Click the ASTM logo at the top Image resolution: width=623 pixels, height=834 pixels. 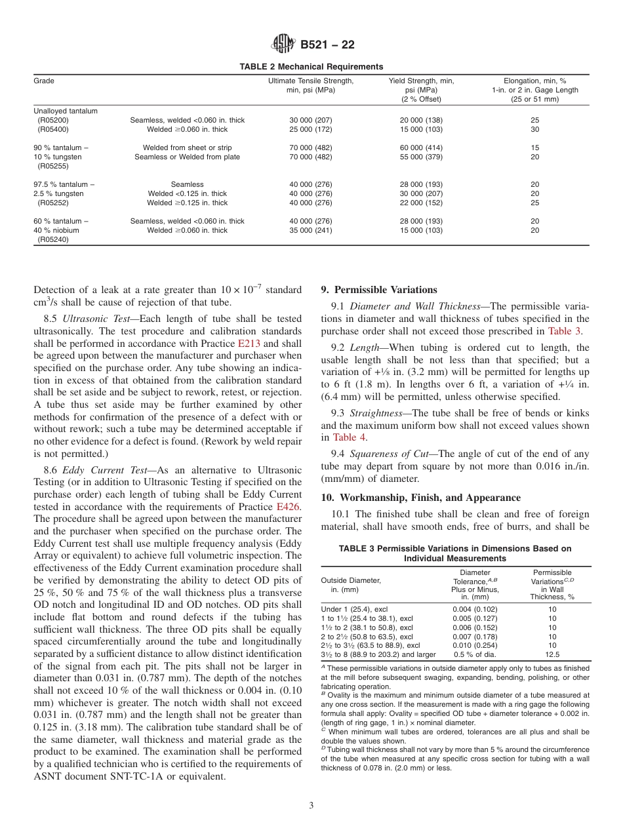[x=284, y=45]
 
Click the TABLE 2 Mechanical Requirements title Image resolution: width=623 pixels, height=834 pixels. [x=311, y=66]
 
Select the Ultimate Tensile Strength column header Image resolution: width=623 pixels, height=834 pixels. [x=311, y=85]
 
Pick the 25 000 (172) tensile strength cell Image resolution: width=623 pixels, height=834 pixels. [x=311, y=130]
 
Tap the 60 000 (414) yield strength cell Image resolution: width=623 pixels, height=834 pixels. [x=421, y=148]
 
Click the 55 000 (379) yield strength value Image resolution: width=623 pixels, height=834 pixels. [x=421, y=157]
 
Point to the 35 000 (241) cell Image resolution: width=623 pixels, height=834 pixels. [x=311, y=231]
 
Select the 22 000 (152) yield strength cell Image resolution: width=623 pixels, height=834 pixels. [x=421, y=203]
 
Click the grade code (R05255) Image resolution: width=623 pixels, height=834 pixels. [x=53, y=167]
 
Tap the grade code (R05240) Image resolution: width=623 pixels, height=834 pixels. [x=53, y=240]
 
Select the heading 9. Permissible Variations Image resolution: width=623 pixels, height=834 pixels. [x=378, y=290]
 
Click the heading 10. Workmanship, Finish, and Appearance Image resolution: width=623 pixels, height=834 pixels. [x=420, y=498]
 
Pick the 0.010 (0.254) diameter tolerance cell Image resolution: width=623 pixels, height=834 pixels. [x=475, y=645]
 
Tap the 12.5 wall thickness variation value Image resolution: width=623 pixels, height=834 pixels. [x=552, y=654]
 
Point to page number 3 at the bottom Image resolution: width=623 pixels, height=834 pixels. [x=311, y=805]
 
